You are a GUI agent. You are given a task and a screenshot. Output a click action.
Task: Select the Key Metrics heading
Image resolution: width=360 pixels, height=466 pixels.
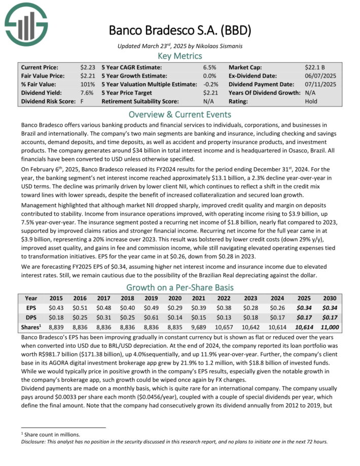(180, 55)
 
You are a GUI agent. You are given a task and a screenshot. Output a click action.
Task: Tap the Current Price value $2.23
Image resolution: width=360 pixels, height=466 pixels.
(87, 67)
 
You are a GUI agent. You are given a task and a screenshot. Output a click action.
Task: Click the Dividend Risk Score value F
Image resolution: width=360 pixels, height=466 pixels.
(82, 101)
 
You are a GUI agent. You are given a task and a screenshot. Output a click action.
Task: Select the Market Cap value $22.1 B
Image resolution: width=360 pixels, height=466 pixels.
(315, 67)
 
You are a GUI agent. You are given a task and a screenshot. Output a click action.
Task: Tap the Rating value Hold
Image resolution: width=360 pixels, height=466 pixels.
(312, 101)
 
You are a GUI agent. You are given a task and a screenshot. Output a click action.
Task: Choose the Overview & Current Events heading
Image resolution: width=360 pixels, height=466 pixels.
(180, 114)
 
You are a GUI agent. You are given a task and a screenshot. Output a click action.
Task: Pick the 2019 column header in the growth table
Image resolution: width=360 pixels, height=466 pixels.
(152, 299)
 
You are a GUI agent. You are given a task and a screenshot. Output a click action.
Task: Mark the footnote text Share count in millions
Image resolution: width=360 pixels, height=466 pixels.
(46, 435)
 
